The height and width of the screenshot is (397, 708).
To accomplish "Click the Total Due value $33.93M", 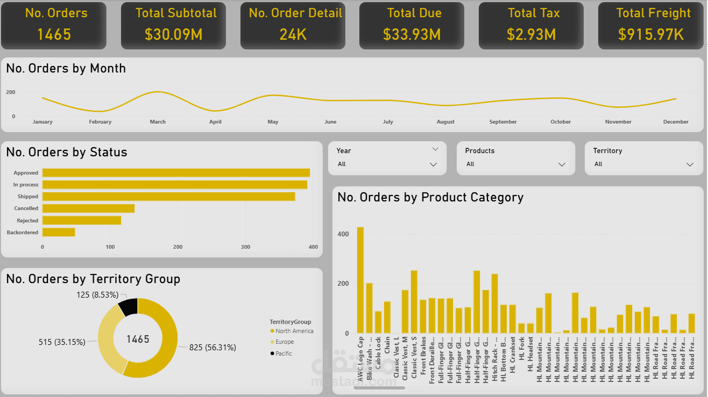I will (x=412, y=35).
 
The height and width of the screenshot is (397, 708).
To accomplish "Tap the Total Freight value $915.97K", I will (x=650, y=35).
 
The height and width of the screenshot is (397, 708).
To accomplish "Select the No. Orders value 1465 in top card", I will (x=54, y=35).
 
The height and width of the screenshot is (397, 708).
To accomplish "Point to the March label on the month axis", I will (x=158, y=122).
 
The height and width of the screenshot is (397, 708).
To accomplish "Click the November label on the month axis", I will (x=618, y=122).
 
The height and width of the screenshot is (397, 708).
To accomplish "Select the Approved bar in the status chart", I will (x=176, y=173).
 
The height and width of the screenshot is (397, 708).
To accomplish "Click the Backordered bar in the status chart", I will (x=59, y=232).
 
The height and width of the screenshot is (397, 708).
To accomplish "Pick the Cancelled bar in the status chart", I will (x=88, y=208).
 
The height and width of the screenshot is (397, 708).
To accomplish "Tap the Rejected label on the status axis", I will (x=27, y=221).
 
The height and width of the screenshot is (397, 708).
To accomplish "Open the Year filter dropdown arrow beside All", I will (x=433, y=164).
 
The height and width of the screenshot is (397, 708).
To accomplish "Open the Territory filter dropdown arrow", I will (x=690, y=164).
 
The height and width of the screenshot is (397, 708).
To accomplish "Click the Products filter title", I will (x=479, y=151).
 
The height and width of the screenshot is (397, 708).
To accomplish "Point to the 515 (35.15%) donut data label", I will (x=62, y=342).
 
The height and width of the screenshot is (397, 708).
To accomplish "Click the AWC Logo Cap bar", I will (x=360, y=280).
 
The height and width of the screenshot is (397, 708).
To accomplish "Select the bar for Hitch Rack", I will (x=494, y=304).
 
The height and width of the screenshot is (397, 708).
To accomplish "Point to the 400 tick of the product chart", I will (x=343, y=234).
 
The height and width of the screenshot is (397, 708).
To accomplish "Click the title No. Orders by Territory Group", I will (x=93, y=279).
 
